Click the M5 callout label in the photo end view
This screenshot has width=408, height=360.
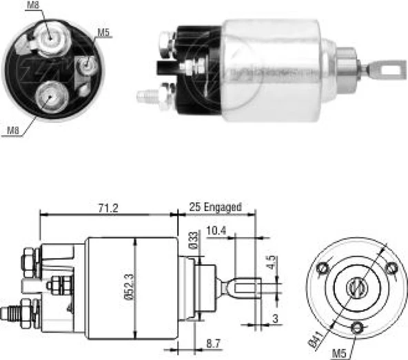point(103,32)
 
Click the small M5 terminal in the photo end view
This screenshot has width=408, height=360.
point(86,66)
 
